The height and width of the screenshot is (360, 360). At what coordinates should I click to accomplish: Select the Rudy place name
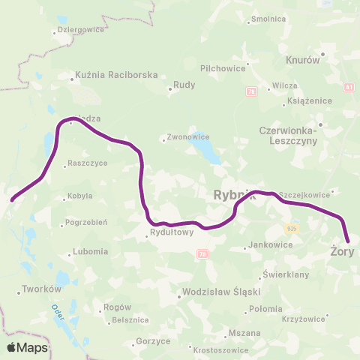pos(184,85)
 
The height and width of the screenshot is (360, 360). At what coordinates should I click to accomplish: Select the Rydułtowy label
pos(172,232)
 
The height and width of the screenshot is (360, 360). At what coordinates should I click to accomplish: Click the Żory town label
pos(342,252)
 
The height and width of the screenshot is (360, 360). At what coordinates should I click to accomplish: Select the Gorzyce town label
pos(154,340)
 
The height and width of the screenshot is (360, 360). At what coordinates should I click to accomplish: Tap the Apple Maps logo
pos(27,347)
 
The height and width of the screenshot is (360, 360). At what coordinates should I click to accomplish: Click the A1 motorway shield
pos(349,88)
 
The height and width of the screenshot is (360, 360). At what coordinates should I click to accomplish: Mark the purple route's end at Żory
pos(347,241)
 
